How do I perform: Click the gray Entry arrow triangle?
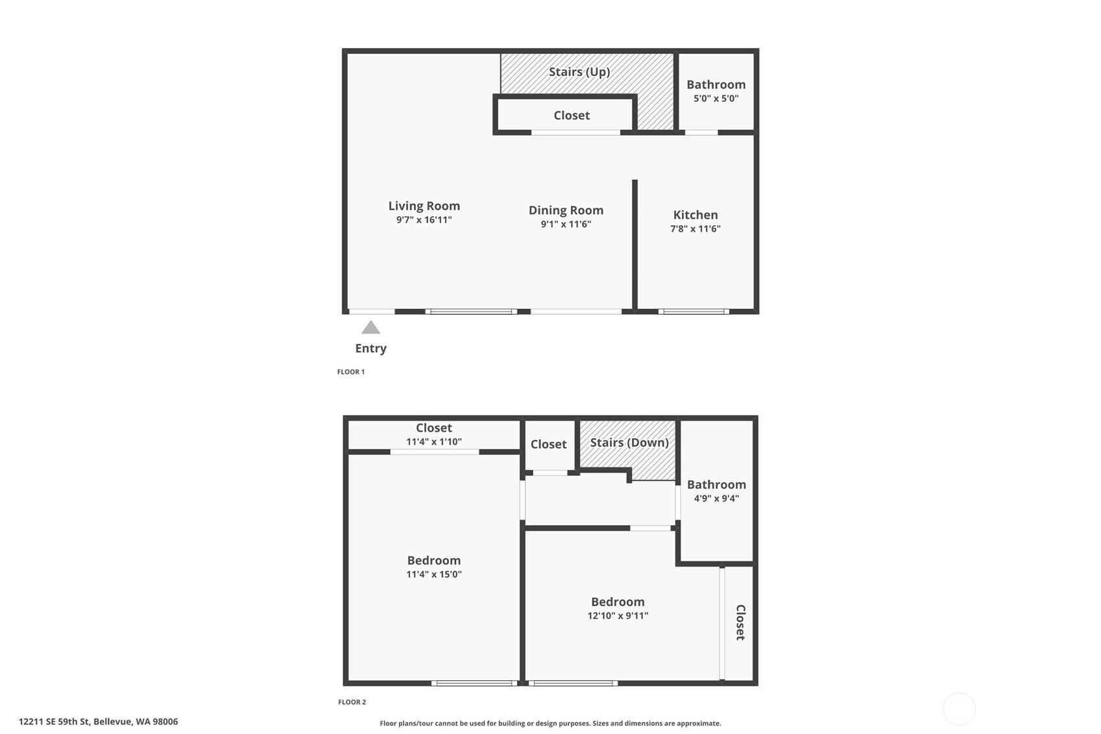click(370, 328)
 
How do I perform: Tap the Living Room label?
click(424, 206)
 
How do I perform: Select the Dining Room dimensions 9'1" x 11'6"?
click(566, 224)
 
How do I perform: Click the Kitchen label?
click(695, 215)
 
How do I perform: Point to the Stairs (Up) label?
click(579, 72)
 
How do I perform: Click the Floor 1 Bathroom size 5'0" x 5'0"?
click(716, 99)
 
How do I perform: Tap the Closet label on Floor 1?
click(572, 116)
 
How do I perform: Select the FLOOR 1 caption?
click(351, 372)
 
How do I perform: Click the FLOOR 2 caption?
click(352, 702)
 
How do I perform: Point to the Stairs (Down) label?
click(629, 443)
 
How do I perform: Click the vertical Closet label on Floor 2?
click(740, 622)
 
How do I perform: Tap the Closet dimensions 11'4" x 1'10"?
click(434, 441)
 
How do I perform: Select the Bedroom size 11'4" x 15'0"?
click(434, 574)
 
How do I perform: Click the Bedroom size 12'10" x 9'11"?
click(618, 615)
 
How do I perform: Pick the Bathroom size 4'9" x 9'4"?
click(716, 498)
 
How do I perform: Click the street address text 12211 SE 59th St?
click(54, 722)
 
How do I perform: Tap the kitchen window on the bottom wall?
click(694, 312)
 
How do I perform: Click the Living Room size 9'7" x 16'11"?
click(424, 220)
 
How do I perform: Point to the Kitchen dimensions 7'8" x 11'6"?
click(695, 228)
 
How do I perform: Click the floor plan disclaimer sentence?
click(550, 723)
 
